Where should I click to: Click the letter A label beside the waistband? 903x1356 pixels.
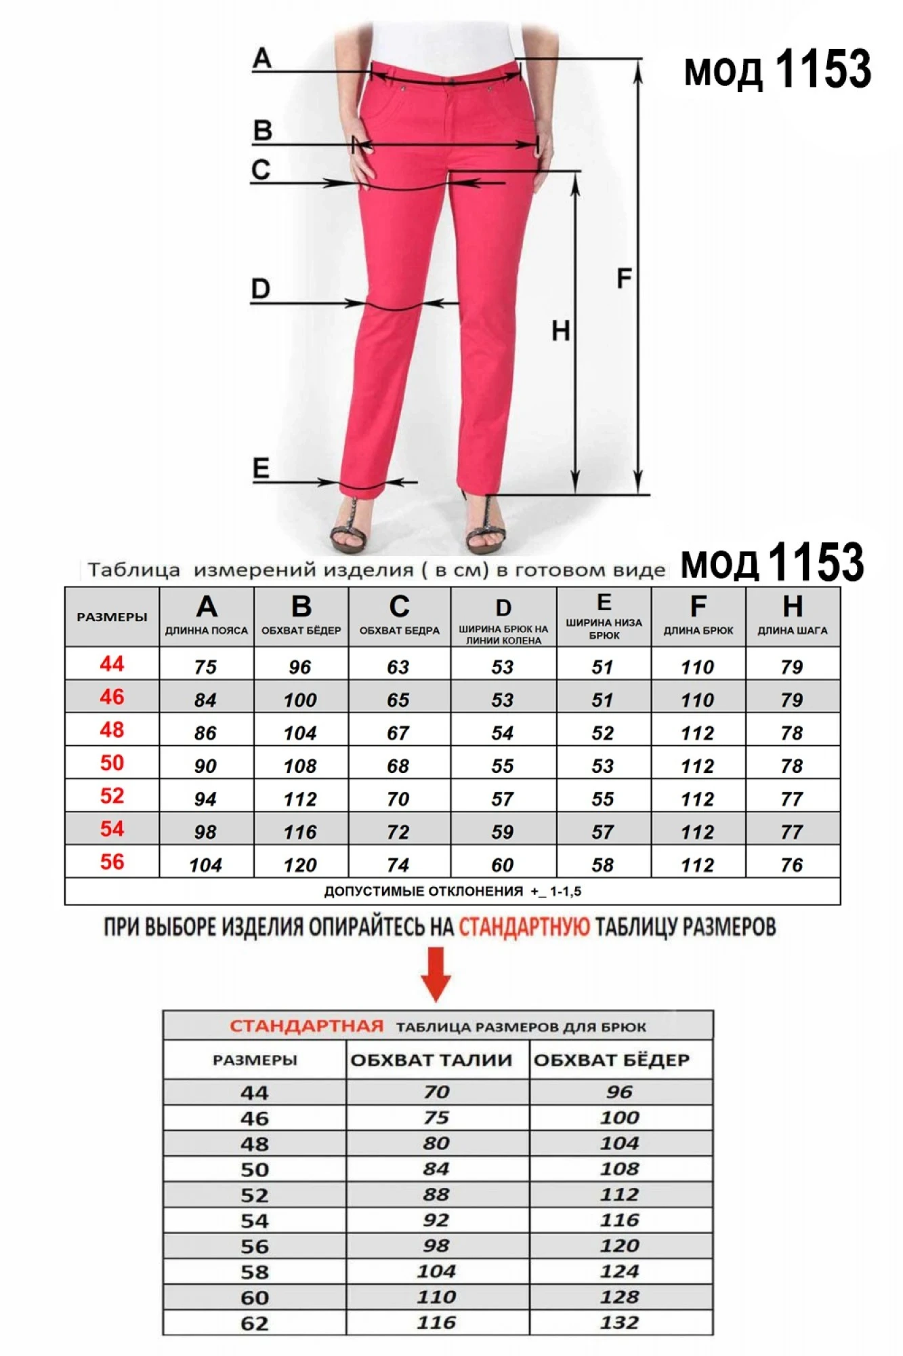pos(262,58)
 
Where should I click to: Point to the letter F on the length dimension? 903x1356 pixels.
pos(624,279)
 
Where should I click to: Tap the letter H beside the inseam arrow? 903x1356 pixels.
pos(560,332)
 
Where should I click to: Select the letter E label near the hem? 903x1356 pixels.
pos(261,468)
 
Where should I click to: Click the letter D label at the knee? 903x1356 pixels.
pos(261,290)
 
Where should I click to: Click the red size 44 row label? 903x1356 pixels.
pos(112,664)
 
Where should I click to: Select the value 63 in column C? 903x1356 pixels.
pos(398,667)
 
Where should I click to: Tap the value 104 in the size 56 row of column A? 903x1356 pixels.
pos(205,865)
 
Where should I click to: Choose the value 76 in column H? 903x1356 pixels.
pos(791,865)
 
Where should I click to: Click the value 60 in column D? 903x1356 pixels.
pos(502,865)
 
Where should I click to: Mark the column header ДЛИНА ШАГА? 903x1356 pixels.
pos(792,631)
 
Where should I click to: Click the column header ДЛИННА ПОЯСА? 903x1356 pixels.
pos(207,631)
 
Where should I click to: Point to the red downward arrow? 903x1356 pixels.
pos(436,974)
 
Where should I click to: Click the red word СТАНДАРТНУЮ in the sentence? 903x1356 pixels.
pos(524,927)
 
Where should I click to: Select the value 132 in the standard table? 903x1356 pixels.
pos(619,1322)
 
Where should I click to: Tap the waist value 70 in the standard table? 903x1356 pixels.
pos(436,1092)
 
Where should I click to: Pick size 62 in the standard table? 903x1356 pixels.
pos(255,1323)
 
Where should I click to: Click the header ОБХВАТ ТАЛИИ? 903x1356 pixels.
pos(431,1060)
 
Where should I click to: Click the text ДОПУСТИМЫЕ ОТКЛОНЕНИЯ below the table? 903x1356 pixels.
pos(423,892)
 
